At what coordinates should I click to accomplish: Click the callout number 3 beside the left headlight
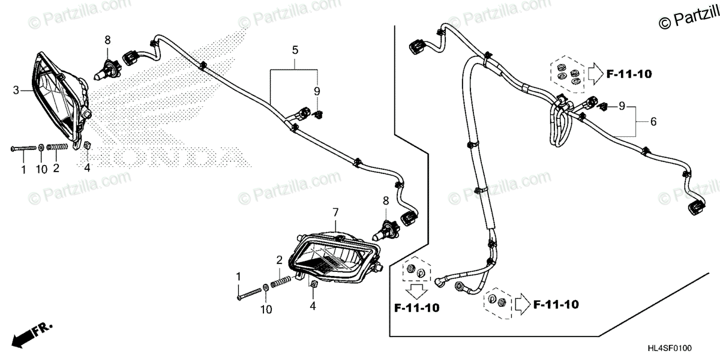pyautogui.click(x=16, y=91)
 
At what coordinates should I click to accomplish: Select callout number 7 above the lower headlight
pyautogui.click(x=335, y=212)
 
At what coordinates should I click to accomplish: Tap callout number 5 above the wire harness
pyautogui.click(x=295, y=50)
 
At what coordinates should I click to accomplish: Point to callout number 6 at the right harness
pyautogui.click(x=653, y=122)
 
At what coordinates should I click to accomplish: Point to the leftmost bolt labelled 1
pyautogui.click(x=23, y=148)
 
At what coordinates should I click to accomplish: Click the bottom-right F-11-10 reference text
pyautogui.click(x=555, y=305)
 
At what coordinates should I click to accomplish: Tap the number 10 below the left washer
pyautogui.click(x=41, y=170)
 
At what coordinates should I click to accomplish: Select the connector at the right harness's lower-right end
pyautogui.click(x=697, y=208)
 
